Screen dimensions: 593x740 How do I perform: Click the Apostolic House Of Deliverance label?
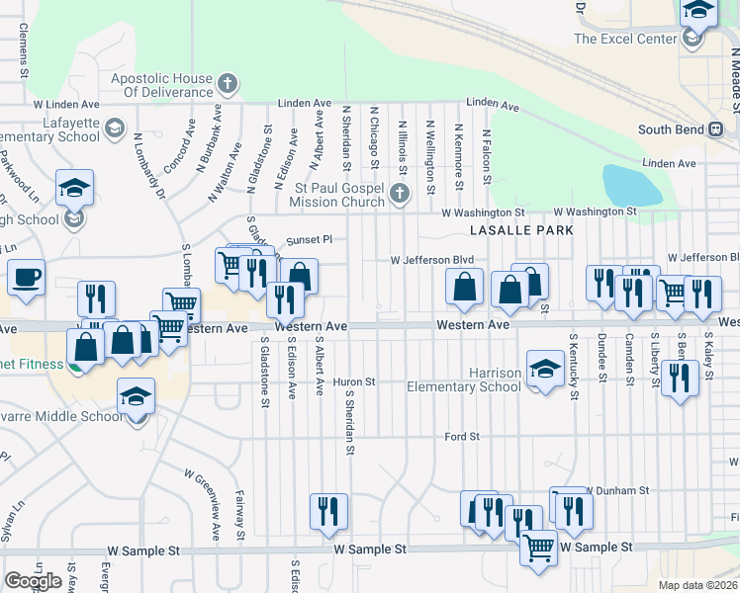162,86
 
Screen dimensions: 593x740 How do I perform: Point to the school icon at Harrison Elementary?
544,370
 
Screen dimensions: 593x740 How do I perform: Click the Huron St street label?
354,381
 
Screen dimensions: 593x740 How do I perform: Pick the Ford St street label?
462,436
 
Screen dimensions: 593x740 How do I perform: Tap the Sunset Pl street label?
309,239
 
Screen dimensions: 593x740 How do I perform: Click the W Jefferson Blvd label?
432,260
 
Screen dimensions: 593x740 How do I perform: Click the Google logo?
34,581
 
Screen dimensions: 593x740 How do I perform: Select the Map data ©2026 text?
697,585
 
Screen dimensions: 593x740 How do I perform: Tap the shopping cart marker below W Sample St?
537,547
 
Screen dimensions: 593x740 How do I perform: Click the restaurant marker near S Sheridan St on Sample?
328,511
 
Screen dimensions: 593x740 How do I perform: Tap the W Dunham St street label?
618,489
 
